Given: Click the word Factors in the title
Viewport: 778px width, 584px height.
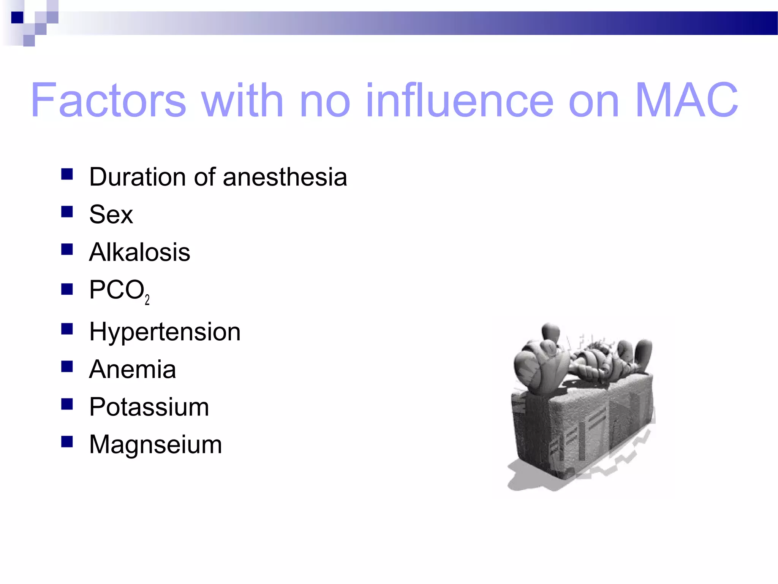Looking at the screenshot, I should (x=108, y=100).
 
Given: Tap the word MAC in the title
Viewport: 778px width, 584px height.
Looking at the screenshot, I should (x=686, y=100).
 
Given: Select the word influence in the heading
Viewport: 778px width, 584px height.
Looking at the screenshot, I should (x=459, y=100).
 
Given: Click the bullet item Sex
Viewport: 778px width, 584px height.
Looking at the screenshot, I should (x=111, y=214).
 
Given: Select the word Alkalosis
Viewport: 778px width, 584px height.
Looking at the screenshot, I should (x=139, y=252).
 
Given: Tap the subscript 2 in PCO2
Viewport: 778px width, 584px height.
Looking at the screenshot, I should (x=147, y=300).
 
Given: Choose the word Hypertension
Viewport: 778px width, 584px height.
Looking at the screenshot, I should (x=165, y=332).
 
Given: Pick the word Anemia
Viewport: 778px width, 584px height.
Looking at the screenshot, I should (x=133, y=370).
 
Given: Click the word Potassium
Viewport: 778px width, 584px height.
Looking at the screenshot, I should (x=149, y=407).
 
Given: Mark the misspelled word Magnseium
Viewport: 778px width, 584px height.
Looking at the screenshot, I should (x=155, y=444).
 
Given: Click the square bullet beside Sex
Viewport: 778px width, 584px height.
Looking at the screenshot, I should (x=67, y=211).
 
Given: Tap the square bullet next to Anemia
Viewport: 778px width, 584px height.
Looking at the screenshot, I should (x=67, y=367).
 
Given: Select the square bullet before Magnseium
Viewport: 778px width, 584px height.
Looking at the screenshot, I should (x=67, y=441).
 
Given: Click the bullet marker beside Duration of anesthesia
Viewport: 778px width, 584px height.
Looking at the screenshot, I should (x=67, y=174).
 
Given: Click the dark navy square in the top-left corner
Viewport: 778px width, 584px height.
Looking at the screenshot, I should (x=17, y=17).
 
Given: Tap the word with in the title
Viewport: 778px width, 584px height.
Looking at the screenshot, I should (x=242, y=100).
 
